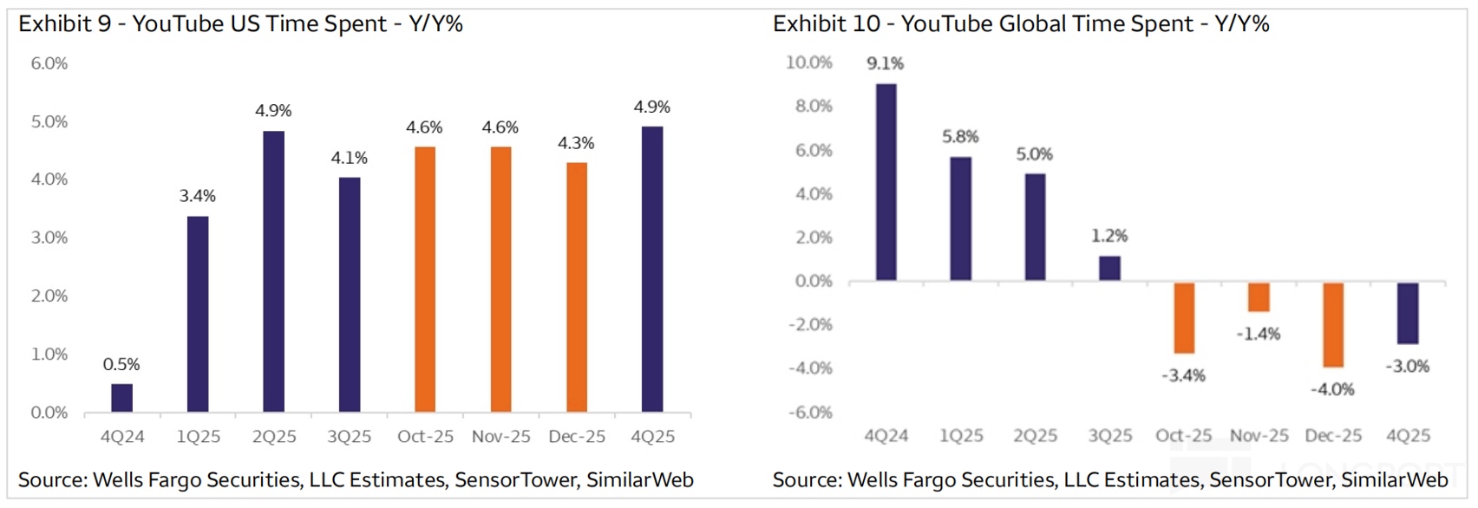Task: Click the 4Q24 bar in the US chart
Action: coord(122,398)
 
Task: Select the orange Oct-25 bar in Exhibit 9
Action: coord(425,279)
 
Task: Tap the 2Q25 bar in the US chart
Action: coord(273,271)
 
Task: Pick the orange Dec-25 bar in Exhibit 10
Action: coord(1333,325)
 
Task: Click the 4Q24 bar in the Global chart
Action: coord(886,182)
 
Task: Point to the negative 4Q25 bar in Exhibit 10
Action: coord(1408,313)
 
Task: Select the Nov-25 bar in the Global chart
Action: coord(1259,296)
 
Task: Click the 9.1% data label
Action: coord(885,63)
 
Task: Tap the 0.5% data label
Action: coord(121,364)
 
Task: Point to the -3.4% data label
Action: coord(1183,375)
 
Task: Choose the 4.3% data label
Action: coord(576,143)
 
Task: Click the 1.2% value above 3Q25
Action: coord(1109,236)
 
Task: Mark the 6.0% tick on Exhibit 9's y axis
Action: coord(49,63)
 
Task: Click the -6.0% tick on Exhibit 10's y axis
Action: coord(810,413)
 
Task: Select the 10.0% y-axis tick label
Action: coord(808,62)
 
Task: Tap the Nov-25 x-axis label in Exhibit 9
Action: coord(500,437)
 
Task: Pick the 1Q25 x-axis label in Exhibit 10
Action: coord(961,435)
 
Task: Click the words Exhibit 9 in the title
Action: coord(65,24)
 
